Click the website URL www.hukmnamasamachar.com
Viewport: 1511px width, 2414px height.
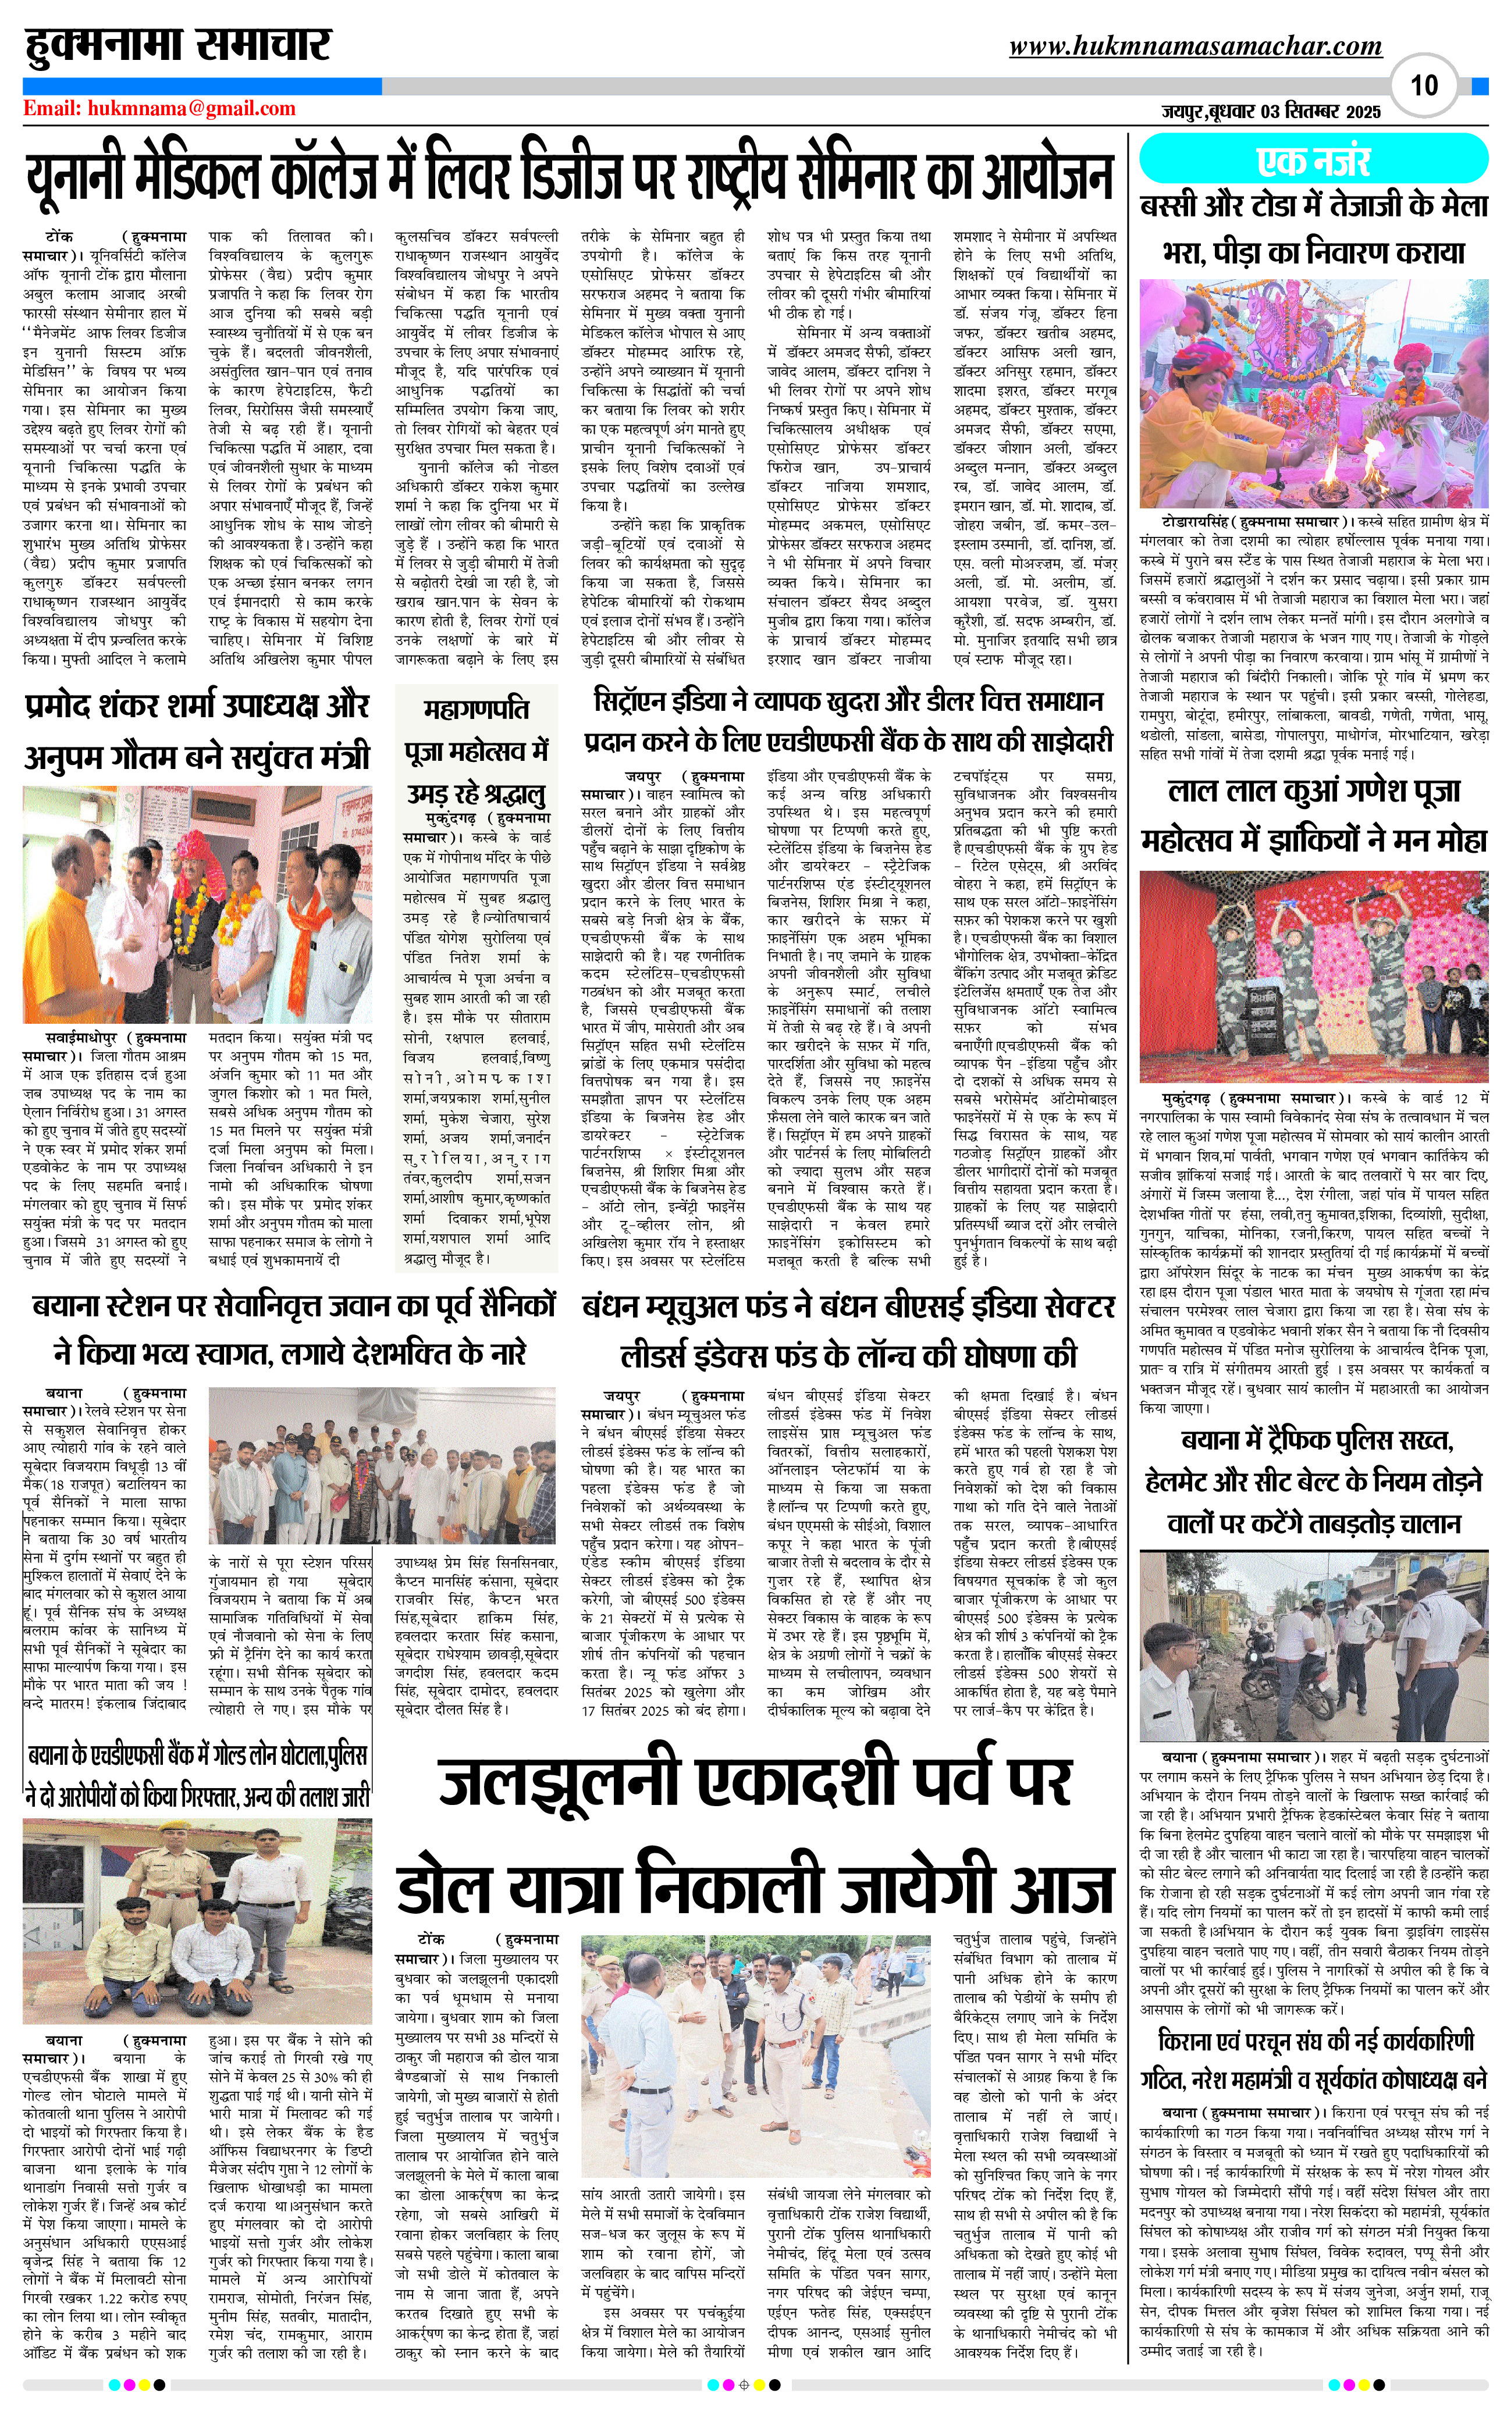pos(1195,46)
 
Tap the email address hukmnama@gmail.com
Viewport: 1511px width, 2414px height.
pos(160,109)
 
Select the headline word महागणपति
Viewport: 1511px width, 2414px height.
pos(476,710)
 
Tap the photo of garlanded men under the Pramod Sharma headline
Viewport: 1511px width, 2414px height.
pos(198,905)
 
